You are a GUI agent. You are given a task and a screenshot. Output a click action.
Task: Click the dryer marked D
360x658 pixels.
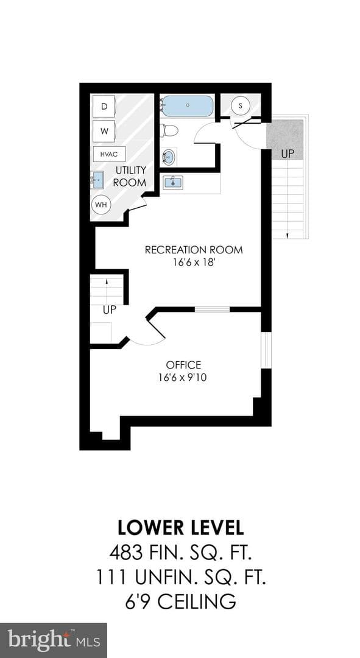105,107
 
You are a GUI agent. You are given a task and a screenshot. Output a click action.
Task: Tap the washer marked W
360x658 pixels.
105,132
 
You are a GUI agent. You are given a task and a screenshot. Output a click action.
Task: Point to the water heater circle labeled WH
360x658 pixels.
101,205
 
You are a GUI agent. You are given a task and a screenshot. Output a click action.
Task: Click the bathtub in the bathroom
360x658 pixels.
188,106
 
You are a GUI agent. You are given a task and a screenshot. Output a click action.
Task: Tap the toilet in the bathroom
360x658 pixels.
169,130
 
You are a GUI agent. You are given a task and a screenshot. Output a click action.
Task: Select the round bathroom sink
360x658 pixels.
169,157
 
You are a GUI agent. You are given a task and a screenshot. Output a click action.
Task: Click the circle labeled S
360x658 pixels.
241,105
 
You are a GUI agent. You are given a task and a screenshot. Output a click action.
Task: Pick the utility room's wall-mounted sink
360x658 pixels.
97,180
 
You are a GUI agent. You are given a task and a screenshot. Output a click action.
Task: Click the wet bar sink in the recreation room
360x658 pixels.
172,183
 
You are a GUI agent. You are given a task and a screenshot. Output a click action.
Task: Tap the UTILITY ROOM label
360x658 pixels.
131,176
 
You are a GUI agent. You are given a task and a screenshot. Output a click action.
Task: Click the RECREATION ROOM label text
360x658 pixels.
194,250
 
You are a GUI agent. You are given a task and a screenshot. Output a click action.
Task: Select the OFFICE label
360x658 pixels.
183,365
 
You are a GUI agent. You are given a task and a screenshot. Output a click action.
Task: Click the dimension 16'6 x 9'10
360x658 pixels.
183,378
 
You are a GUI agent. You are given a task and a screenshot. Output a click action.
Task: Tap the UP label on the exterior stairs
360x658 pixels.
288,154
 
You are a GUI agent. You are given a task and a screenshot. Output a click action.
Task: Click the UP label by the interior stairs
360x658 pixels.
110,310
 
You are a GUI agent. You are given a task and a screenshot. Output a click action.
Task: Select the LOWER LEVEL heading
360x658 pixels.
180,528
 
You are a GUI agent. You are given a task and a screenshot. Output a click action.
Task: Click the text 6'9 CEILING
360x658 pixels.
180,602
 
